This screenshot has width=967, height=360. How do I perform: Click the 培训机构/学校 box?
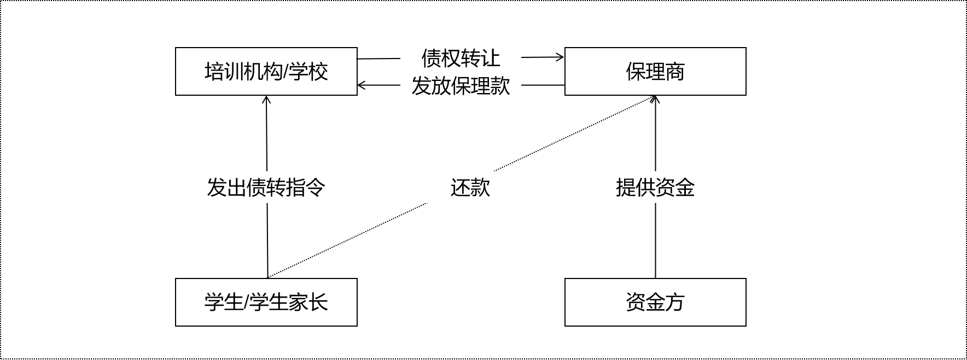(266, 71)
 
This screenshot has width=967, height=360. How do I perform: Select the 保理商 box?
(655, 71)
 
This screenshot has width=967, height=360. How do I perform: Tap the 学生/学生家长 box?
(266, 302)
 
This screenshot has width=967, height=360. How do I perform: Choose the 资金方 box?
(655, 302)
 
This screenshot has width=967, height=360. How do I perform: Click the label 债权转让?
(461, 57)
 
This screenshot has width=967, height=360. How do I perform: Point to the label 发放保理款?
(461, 85)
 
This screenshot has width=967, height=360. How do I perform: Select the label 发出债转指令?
(266, 187)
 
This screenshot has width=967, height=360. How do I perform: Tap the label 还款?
(470, 187)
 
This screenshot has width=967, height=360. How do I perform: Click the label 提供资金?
(655, 187)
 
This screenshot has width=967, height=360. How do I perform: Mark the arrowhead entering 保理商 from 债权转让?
(561, 56)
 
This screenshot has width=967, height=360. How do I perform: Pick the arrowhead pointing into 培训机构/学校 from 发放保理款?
(361, 85)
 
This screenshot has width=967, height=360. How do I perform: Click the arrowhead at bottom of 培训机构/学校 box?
(266, 99)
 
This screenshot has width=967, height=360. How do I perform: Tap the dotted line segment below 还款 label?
(350, 239)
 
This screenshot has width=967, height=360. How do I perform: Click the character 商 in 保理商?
(675, 72)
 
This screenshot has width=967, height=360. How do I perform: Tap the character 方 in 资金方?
(675, 302)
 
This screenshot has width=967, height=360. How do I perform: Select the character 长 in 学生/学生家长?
(318, 302)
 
